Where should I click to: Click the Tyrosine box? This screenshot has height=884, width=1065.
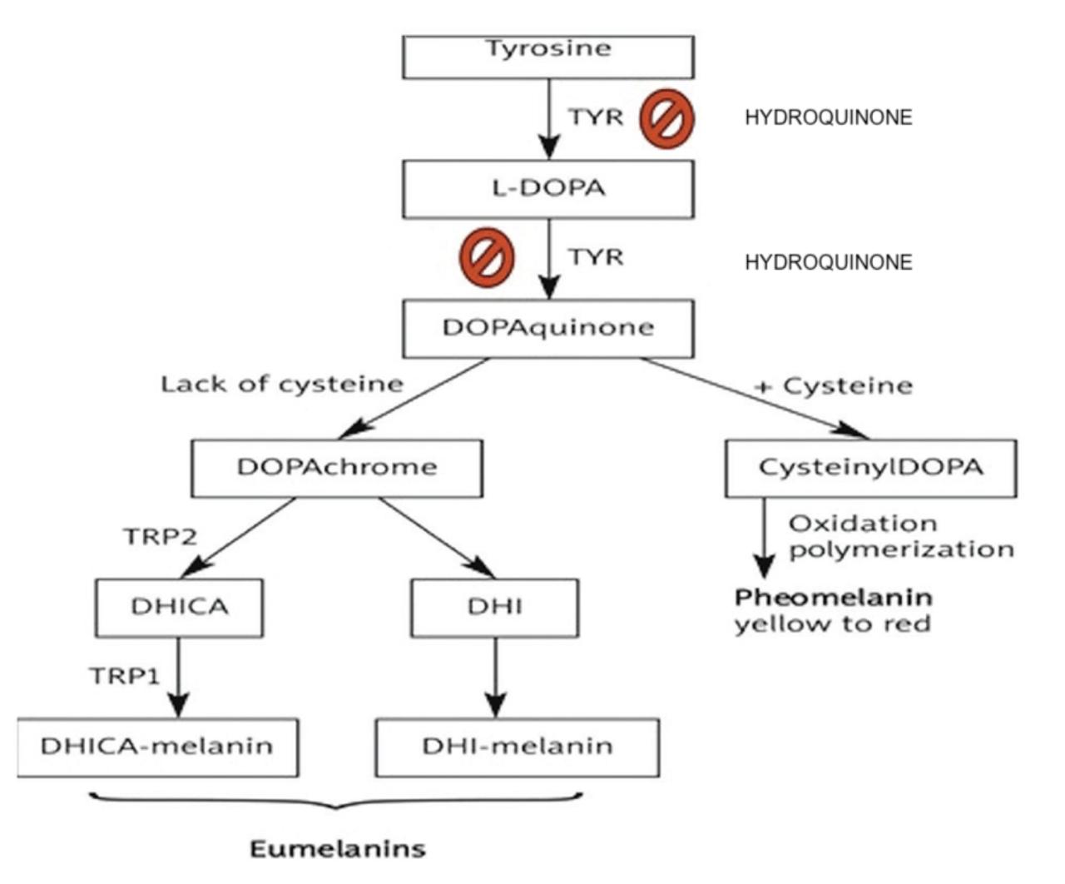tap(547, 57)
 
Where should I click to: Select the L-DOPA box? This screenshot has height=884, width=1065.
tap(547, 189)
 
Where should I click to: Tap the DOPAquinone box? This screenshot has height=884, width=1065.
tap(547, 328)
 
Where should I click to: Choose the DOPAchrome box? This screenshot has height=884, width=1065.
tap(336, 468)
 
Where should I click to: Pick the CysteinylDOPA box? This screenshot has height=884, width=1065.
tap(870, 468)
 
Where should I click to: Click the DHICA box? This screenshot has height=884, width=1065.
tap(179, 608)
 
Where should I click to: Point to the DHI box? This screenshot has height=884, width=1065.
tap(494, 608)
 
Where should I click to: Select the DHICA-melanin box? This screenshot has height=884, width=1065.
tap(156, 747)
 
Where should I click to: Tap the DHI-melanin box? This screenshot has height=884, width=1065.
tap(517, 747)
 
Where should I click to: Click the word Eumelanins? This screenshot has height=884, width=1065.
tap(338, 850)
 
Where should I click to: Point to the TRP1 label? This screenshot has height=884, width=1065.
tap(124, 676)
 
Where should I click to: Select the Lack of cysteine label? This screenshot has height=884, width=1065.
tap(281, 385)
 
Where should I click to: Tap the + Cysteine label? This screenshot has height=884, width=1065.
tap(834, 386)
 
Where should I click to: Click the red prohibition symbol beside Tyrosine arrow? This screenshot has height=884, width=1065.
tap(666, 118)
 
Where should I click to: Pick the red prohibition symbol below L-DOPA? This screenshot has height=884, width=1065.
tap(487, 257)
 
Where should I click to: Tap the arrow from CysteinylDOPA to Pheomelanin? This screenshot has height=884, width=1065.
tap(764, 538)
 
